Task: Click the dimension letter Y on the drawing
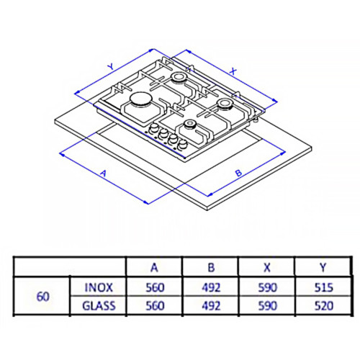click(110, 66)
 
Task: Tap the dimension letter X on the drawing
click(234, 71)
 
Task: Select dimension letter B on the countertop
click(238, 173)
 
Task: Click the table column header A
click(153, 266)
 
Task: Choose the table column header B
click(211, 266)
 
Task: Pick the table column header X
click(268, 266)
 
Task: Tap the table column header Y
click(323, 266)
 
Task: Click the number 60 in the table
click(42, 294)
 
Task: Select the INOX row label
click(98, 287)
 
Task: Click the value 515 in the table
click(323, 287)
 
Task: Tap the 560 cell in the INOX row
click(153, 287)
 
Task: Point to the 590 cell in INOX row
click(268, 287)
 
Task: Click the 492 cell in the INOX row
click(211, 287)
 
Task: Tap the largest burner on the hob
click(140, 100)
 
